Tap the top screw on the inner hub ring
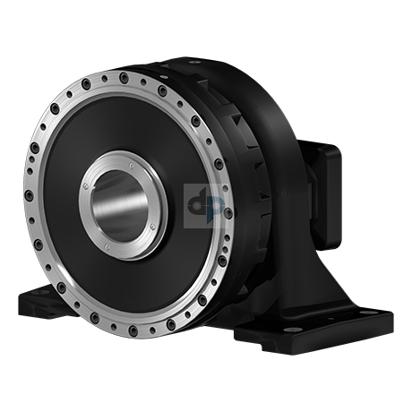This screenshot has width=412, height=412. coord(133,160)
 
